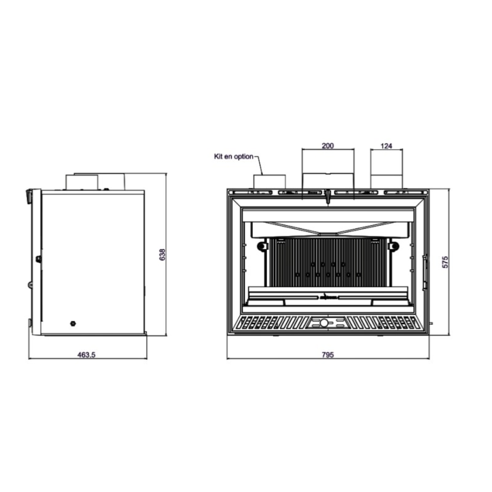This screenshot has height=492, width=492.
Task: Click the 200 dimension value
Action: [x=328, y=146]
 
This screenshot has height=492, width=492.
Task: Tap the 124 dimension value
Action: [x=386, y=146]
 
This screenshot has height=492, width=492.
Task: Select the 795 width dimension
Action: [x=328, y=355]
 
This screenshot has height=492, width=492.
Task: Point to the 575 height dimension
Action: [x=445, y=262]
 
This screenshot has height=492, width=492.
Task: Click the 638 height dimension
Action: [x=162, y=255]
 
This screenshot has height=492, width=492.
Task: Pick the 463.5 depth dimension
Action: [x=86, y=355]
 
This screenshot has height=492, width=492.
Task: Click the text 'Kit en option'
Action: [x=233, y=156]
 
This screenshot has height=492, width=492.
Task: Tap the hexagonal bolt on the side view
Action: [x=73, y=323]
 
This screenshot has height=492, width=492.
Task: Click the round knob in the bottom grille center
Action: [x=324, y=322]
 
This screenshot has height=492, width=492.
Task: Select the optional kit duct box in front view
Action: [x=269, y=182]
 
